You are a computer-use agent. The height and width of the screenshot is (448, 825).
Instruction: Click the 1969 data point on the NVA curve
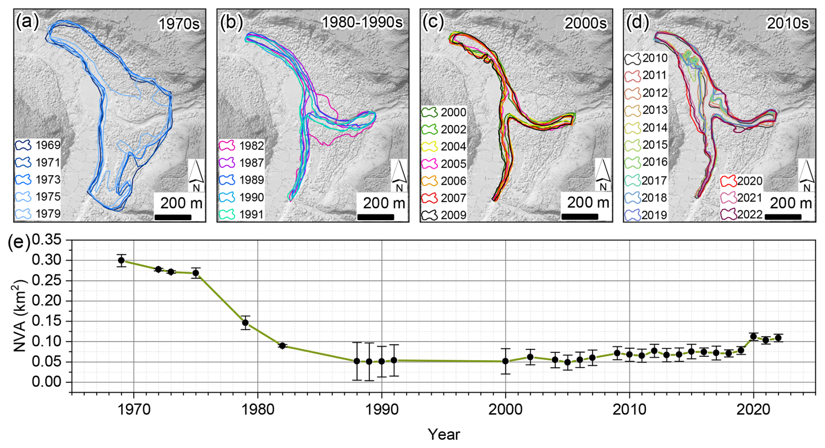coord(121,261)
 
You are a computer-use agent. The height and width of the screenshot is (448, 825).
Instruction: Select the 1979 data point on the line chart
coord(245,323)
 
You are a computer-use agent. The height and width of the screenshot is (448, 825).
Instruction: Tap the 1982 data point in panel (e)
coord(282,346)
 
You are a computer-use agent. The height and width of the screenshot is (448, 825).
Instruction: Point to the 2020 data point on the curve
coord(753,336)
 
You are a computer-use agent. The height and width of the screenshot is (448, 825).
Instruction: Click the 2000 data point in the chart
coord(505,361)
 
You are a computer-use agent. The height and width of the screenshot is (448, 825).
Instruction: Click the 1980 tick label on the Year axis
coord(258,410)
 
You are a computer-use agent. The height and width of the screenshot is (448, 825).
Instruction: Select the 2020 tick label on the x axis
coord(753,410)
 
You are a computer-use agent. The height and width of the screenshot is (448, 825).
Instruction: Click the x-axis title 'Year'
coord(443,434)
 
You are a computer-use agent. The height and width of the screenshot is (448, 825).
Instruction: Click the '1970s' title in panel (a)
coord(179,24)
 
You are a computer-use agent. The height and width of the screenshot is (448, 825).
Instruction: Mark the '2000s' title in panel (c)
coord(585,24)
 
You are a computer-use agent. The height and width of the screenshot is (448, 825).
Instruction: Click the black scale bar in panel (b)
coord(375,217)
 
